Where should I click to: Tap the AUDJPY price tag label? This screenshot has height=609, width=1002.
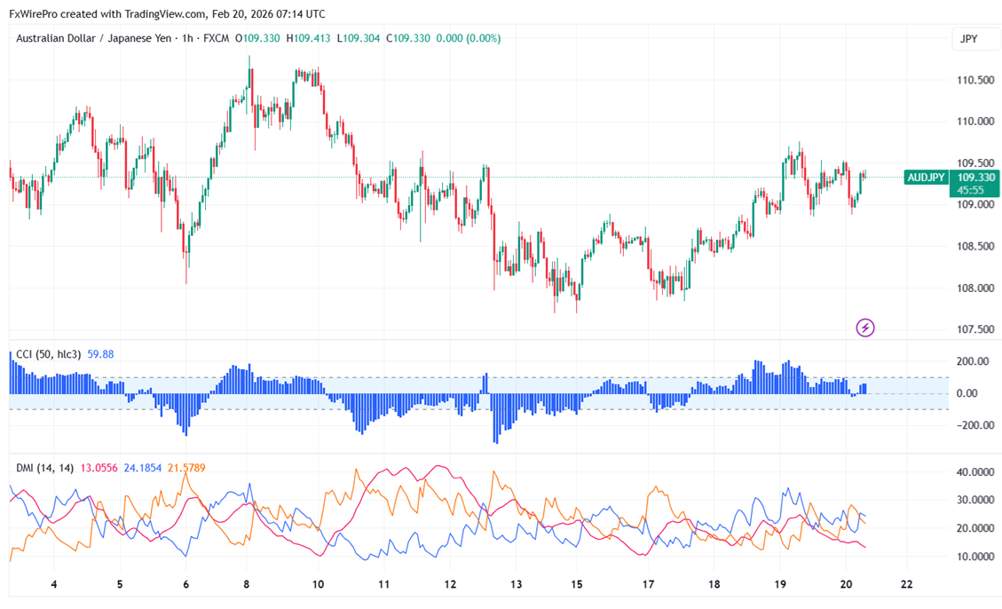pos(926,178)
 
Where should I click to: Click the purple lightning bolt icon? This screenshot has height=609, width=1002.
pos(865,328)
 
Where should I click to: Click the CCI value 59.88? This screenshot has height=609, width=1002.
pos(100,354)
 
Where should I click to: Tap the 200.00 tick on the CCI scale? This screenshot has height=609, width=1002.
pos(970,361)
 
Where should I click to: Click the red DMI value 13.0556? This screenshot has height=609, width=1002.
pos(99,467)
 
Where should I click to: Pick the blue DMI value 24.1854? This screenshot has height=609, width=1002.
pos(143,467)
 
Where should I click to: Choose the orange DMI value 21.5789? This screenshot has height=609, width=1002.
pos(186,467)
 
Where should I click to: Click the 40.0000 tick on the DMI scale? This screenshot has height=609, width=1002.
pos(974,472)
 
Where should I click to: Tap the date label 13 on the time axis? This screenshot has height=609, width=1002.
pos(515,585)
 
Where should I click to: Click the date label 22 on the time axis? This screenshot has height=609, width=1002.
pos(906,585)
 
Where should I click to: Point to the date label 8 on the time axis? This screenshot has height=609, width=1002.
pos(246,585)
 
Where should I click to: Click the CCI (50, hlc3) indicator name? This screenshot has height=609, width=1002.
pos(49,354)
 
